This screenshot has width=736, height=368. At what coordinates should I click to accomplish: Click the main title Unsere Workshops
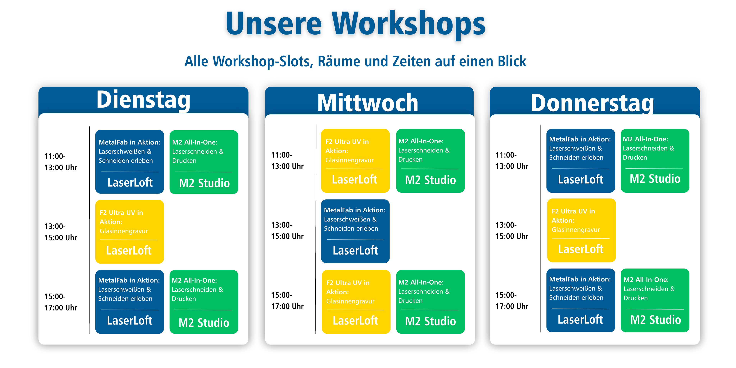click(x=355, y=23)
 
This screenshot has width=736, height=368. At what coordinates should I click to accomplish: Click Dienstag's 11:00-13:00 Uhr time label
click(x=61, y=162)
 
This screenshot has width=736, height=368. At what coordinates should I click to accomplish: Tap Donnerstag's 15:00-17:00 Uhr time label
click(x=512, y=301)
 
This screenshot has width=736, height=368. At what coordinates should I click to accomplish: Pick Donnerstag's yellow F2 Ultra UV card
click(x=582, y=230)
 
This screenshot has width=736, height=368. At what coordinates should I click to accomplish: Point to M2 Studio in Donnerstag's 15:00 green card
click(x=656, y=320)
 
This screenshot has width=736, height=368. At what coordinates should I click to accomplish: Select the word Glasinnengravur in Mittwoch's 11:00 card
click(x=349, y=160)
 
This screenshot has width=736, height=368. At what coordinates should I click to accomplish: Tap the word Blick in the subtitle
click(x=512, y=61)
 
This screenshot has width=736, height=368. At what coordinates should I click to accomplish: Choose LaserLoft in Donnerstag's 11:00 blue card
click(x=581, y=179)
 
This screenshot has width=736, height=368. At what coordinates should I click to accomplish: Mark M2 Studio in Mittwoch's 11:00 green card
click(x=430, y=180)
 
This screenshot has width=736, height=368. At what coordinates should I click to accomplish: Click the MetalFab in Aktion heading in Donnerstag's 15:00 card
click(x=580, y=279)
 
